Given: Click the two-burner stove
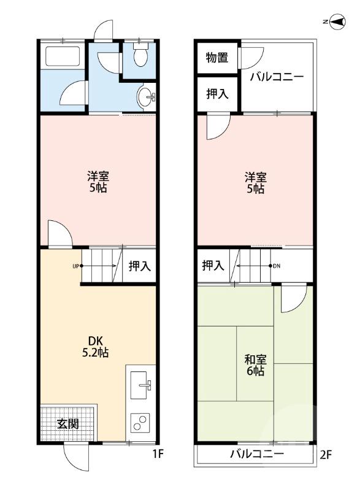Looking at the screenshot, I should coord(141,423).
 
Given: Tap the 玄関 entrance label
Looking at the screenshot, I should coord(67,423).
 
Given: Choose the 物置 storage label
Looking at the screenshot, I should coord(216,58).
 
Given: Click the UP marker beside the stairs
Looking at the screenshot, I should coord(75,266).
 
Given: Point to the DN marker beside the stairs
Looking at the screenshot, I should coord(276,266).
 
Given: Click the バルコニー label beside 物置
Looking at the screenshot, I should coord(277,78).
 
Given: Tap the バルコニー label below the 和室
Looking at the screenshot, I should coord(257,455).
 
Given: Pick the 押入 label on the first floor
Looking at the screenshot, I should coord(139,266).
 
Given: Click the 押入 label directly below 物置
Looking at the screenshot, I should coord(216,94).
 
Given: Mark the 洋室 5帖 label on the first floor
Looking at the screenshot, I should coord(98,182).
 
